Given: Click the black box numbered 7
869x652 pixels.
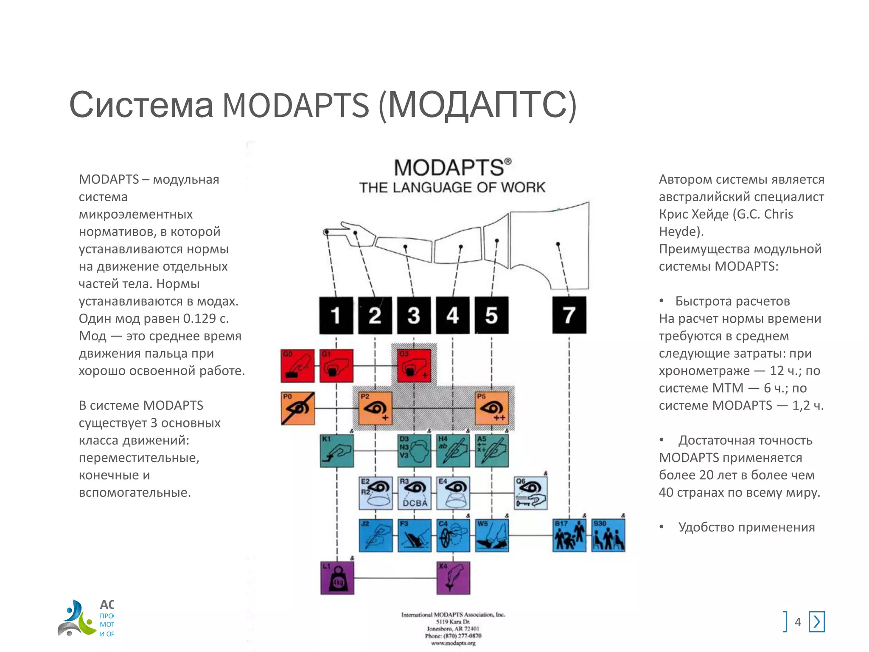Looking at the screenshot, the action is (569, 315).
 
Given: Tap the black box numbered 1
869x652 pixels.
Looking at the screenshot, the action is (336, 315).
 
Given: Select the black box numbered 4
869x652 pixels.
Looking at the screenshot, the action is (453, 315).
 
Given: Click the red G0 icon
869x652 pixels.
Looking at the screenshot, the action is (297, 366).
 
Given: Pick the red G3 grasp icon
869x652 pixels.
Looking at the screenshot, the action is (414, 366).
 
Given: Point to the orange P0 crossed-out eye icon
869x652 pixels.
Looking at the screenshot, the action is (298, 408).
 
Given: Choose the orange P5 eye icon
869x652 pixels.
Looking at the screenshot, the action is (492, 408).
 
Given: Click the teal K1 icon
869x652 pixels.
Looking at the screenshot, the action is (336, 451).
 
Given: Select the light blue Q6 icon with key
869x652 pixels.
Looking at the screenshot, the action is (531, 493).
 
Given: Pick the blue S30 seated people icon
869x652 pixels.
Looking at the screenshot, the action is (608, 536).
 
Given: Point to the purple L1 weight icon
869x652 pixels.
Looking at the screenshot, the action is (337, 578).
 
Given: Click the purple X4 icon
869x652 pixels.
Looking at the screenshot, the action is (453, 578).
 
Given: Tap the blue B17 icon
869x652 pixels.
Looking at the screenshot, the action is (569, 536).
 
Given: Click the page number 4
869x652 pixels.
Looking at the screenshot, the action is (798, 622).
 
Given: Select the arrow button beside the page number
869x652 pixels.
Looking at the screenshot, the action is (817, 622).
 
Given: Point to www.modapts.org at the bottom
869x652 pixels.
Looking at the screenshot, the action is (453, 643).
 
